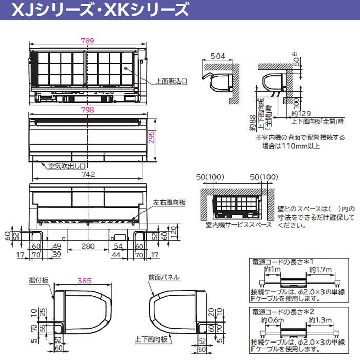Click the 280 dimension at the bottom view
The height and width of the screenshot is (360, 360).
click(88, 246)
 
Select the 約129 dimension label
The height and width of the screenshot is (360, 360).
click(300, 113)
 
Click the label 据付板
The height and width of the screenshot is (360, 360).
click(39, 280)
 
